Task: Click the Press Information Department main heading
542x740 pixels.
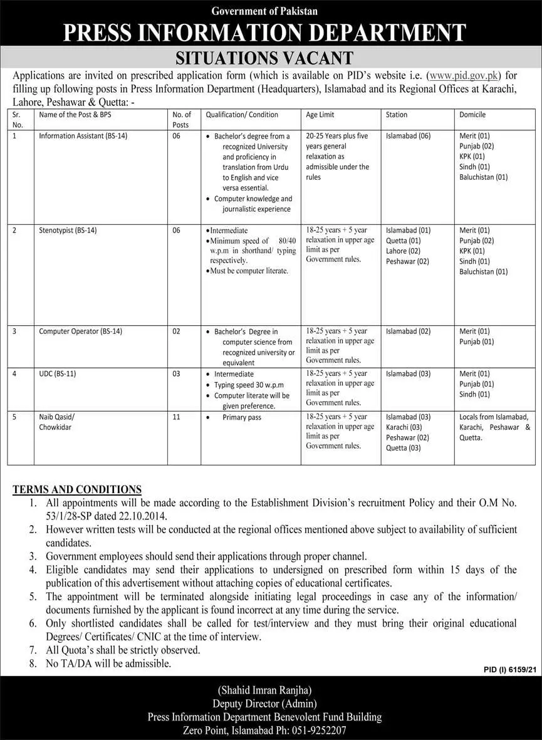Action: [271, 33]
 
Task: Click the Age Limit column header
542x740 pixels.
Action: [320, 115]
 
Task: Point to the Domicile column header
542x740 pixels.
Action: [472, 115]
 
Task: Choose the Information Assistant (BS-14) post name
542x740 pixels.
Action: [83, 136]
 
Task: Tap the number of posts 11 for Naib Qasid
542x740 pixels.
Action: [176, 417]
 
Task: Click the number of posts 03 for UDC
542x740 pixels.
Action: [176, 374]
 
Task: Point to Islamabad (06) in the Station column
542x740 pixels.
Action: [408, 136]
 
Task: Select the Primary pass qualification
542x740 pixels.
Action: [242, 417]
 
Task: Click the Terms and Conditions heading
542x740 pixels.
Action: [77, 489]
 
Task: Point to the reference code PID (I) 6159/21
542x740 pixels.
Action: [511, 670]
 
